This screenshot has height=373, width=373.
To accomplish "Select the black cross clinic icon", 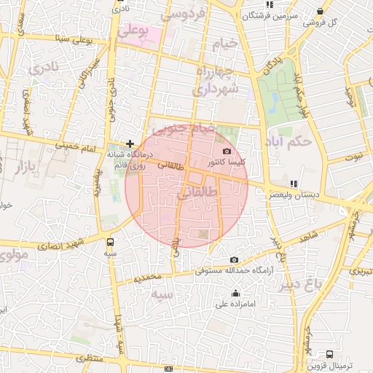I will click(130, 144).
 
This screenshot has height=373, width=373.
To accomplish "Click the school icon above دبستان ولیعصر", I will click(294, 184).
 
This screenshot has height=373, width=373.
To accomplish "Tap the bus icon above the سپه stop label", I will click(110, 242).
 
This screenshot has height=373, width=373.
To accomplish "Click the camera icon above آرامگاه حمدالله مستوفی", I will click(234, 259).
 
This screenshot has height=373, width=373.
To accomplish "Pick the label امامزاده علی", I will click(235, 304).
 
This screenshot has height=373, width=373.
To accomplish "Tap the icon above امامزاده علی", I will click(235, 294).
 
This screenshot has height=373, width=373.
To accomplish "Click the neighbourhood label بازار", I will click(23, 168).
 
